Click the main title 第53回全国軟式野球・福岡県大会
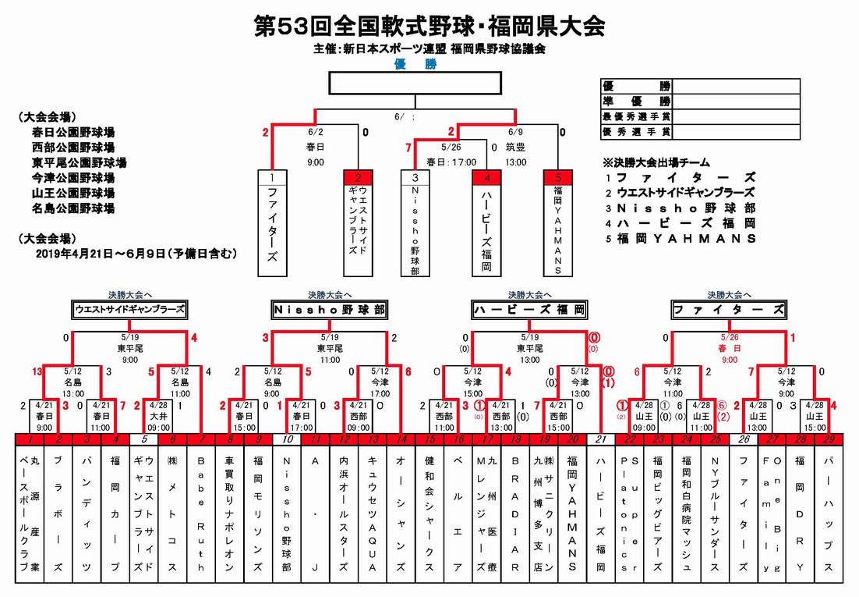(x=429, y=27)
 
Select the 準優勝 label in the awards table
(x=637, y=101)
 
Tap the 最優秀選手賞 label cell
(x=637, y=117)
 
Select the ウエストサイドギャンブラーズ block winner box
(x=129, y=310)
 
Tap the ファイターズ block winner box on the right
(x=728, y=310)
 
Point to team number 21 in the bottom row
(x=600, y=440)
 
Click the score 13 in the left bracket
(x=36, y=371)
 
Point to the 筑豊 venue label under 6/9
(x=515, y=146)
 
